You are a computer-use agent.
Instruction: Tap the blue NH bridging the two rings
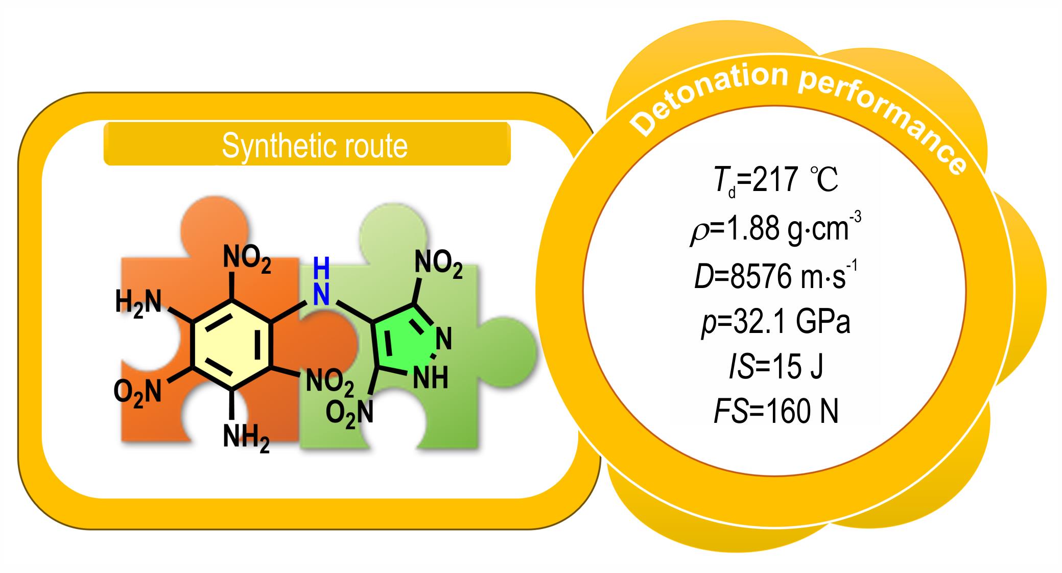pyautogui.click(x=321, y=281)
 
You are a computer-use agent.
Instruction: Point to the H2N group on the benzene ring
pyautogui.click(x=138, y=303)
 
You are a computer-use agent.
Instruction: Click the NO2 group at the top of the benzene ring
pyautogui.click(x=247, y=259)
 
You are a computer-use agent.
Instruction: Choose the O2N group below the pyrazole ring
pyautogui.click(x=349, y=412)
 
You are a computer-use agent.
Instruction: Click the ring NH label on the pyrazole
pyautogui.click(x=430, y=378)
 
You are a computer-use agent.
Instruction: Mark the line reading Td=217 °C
pyautogui.click(x=776, y=181)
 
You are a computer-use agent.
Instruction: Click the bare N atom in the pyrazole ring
pyautogui.click(x=444, y=339)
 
